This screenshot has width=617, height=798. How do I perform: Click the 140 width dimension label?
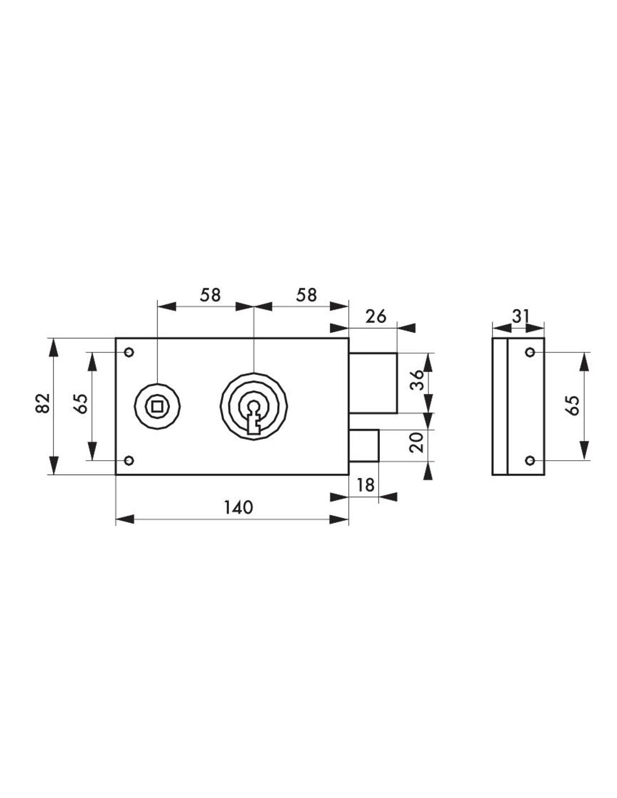[238, 507]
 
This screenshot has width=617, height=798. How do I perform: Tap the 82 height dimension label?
[43, 403]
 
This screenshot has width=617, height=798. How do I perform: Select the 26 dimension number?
[376, 317]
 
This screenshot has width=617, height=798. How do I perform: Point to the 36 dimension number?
[417, 380]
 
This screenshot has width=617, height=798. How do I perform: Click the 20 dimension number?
[417, 442]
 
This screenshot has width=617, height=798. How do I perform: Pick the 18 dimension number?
[365, 485]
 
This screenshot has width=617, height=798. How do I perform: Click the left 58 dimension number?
[210, 295]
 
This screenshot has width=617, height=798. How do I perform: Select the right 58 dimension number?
[306, 295]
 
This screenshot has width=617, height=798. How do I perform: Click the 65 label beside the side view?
[574, 405]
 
